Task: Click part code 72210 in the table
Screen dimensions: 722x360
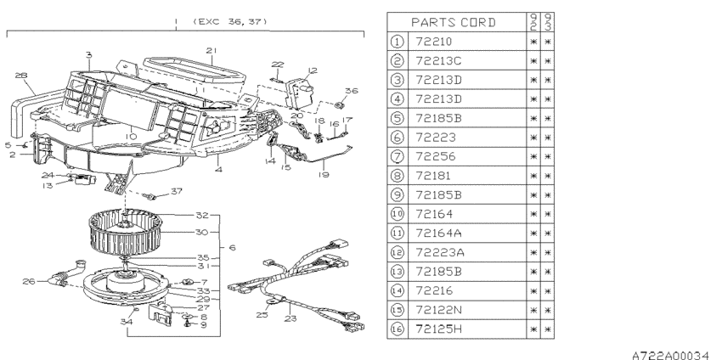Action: (434, 42)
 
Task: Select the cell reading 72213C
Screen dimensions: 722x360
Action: (438, 61)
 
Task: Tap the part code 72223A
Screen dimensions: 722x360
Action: (440, 252)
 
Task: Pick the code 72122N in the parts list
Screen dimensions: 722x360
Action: (438, 310)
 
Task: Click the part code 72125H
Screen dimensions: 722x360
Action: (439, 329)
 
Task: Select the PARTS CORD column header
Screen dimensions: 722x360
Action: (453, 22)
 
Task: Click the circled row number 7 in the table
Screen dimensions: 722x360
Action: (397, 156)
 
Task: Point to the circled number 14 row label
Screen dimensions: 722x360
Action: (397, 290)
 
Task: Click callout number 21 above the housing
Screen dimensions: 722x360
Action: (212, 50)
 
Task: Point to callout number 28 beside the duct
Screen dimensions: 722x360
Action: (21, 75)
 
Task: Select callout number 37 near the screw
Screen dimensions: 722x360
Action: (177, 191)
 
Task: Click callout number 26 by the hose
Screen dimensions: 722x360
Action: (29, 281)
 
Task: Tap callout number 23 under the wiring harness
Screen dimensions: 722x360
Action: (290, 318)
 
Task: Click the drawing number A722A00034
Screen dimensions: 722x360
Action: (670, 355)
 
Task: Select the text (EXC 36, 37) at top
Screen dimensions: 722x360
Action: (230, 21)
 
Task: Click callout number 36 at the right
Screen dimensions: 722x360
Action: (352, 91)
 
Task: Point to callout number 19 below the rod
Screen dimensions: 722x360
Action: (324, 175)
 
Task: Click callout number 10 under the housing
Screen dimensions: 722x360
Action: (131, 136)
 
